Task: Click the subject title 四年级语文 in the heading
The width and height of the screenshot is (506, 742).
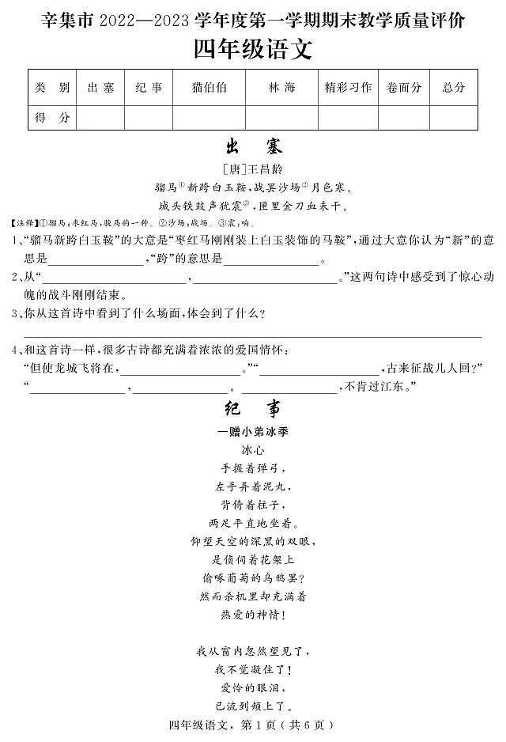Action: coord(253,49)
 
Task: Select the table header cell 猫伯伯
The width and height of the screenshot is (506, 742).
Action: coord(209,88)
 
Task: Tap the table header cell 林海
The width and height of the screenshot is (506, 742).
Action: coord(281,88)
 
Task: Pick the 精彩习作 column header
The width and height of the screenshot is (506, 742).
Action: coord(348,88)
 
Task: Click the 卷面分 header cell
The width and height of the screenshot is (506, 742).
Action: coord(404,88)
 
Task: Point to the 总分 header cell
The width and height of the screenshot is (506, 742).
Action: coord(454,88)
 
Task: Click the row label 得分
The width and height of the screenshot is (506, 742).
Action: coord(52,117)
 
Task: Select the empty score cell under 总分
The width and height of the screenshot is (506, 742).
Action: coord(454,117)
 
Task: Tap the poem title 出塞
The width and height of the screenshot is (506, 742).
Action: coord(253,147)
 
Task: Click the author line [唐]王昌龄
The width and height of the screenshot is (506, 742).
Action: coord(253,169)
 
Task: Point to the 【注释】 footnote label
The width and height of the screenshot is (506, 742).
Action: coord(23,223)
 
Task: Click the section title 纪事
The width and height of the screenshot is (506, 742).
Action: coord(253,409)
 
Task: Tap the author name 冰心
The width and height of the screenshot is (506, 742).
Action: coord(253,450)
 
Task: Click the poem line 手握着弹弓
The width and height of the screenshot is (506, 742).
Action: coord(253,468)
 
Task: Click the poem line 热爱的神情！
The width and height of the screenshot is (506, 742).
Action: coord(253,614)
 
